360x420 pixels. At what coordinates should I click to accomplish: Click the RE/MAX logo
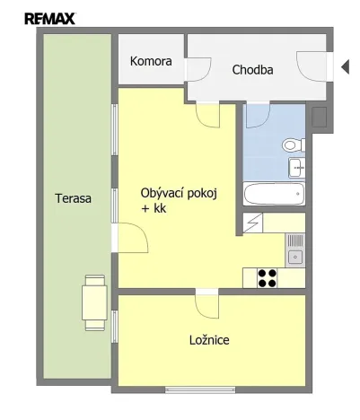pos(49,17)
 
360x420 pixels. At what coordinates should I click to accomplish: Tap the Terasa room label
pos(72,199)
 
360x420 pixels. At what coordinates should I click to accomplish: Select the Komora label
pos(150,62)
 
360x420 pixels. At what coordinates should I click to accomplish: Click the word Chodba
pos(252,69)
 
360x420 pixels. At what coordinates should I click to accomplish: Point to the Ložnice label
pos(209,340)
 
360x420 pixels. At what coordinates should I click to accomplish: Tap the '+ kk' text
pos(154,208)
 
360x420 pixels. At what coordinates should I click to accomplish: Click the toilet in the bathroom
pos(292,144)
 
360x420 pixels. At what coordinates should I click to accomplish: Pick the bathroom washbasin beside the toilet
pos(297,166)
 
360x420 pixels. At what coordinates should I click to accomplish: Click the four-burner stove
pos(268,277)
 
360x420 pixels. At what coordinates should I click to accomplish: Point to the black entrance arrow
pos(344,66)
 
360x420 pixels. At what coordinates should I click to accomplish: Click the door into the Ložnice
pos(206,304)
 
